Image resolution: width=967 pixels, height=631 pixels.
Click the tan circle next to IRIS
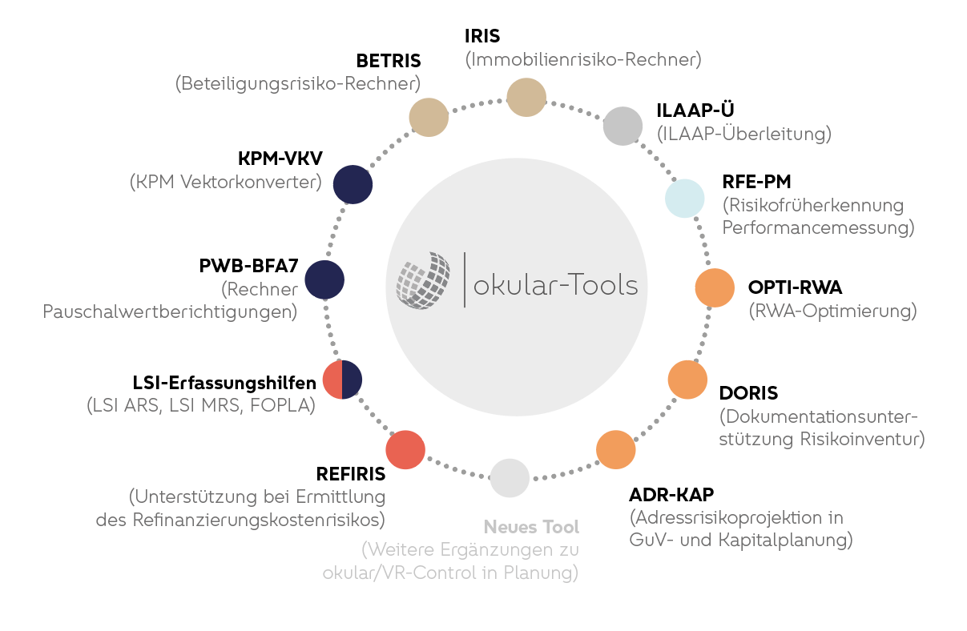click(x=526, y=98)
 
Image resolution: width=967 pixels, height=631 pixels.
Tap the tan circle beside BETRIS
click(x=429, y=118)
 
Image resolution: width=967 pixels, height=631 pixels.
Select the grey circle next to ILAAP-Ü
click(x=623, y=126)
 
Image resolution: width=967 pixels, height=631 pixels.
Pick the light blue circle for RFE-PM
click(x=685, y=199)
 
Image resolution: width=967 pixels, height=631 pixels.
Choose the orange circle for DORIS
click(x=687, y=380)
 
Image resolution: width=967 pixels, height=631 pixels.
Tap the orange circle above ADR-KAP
click(x=615, y=449)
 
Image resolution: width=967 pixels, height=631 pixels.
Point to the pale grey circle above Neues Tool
click(x=510, y=478)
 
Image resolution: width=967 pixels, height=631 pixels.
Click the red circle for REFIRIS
click(x=405, y=450)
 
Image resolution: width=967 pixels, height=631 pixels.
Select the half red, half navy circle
click(x=342, y=380)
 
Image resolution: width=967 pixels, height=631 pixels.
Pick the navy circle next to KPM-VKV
click(x=353, y=184)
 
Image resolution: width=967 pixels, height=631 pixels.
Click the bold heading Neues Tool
click(x=531, y=528)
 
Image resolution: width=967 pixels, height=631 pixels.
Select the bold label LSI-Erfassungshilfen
click(x=224, y=383)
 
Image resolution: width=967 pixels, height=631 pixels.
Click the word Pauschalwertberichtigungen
click(x=170, y=311)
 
